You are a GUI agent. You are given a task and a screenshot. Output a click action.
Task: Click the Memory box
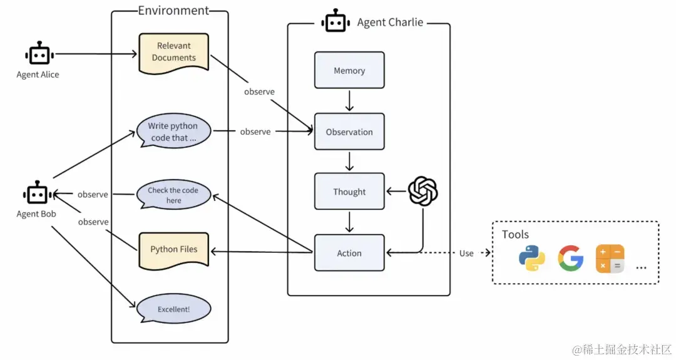tap(349, 70)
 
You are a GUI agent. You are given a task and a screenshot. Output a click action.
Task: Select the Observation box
tap(349, 131)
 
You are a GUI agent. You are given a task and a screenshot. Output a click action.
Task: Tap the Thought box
tap(349, 192)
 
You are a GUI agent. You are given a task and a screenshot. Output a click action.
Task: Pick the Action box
tap(349, 253)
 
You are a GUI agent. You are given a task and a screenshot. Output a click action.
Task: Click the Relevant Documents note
tap(173, 51)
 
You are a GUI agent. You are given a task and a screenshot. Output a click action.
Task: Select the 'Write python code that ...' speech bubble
tap(173, 131)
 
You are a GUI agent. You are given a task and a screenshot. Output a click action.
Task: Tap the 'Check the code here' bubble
tap(173, 195)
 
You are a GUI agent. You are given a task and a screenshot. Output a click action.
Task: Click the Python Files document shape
tap(173, 249)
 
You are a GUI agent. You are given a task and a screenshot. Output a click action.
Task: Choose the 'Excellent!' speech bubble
tap(173, 309)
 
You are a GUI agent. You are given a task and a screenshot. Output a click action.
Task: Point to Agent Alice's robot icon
tap(38, 54)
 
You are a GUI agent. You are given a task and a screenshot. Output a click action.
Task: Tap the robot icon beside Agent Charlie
tap(335, 21)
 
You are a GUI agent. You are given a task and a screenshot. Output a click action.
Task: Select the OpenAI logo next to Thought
tap(422, 191)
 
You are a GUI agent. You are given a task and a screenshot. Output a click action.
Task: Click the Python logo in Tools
tap(532, 258)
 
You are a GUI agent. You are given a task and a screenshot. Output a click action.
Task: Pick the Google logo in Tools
tap(570, 258)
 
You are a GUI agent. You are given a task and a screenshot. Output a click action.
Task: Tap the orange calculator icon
tap(609, 258)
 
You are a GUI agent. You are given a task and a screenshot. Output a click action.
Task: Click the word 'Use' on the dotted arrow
tap(466, 253)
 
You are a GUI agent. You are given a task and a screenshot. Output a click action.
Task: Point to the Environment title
tap(173, 10)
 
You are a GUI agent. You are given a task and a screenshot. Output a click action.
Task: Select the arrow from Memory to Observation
tap(349, 100)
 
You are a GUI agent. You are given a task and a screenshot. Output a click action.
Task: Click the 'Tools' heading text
tap(515, 234)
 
